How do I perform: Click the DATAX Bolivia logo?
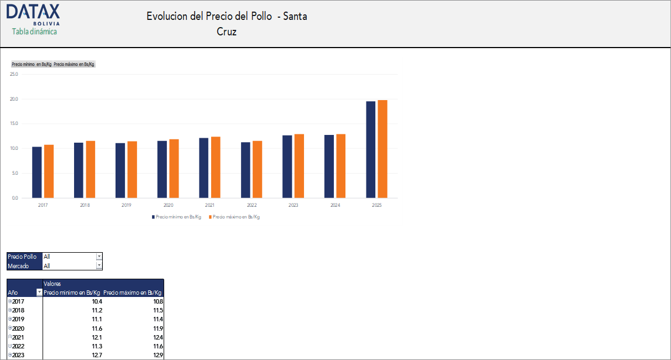pyautogui.click(x=33, y=14)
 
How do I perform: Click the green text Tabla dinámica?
pyautogui.click(x=34, y=32)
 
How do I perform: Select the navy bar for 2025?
pyautogui.click(x=370, y=149)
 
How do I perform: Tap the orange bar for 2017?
pyautogui.click(x=49, y=171)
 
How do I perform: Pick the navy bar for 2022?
pyautogui.click(x=245, y=170)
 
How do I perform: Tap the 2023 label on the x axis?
pyautogui.click(x=293, y=205)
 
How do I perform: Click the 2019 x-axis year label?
pyautogui.click(x=127, y=205)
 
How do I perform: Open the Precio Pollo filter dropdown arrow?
pyautogui.click(x=99, y=257)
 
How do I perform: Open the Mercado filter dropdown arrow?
pyautogui.click(x=99, y=266)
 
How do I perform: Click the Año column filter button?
pyautogui.click(x=39, y=293)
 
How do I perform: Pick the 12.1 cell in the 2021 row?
pyautogui.click(x=97, y=337)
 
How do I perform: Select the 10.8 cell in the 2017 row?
pyautogui.click(x=158, y=301)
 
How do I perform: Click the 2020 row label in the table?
pyautogui.click(x=18, y=328)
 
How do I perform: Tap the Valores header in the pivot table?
pyautogui.click(x=52, y=284)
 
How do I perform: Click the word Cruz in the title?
pyautogui.click(x=227, y=32)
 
